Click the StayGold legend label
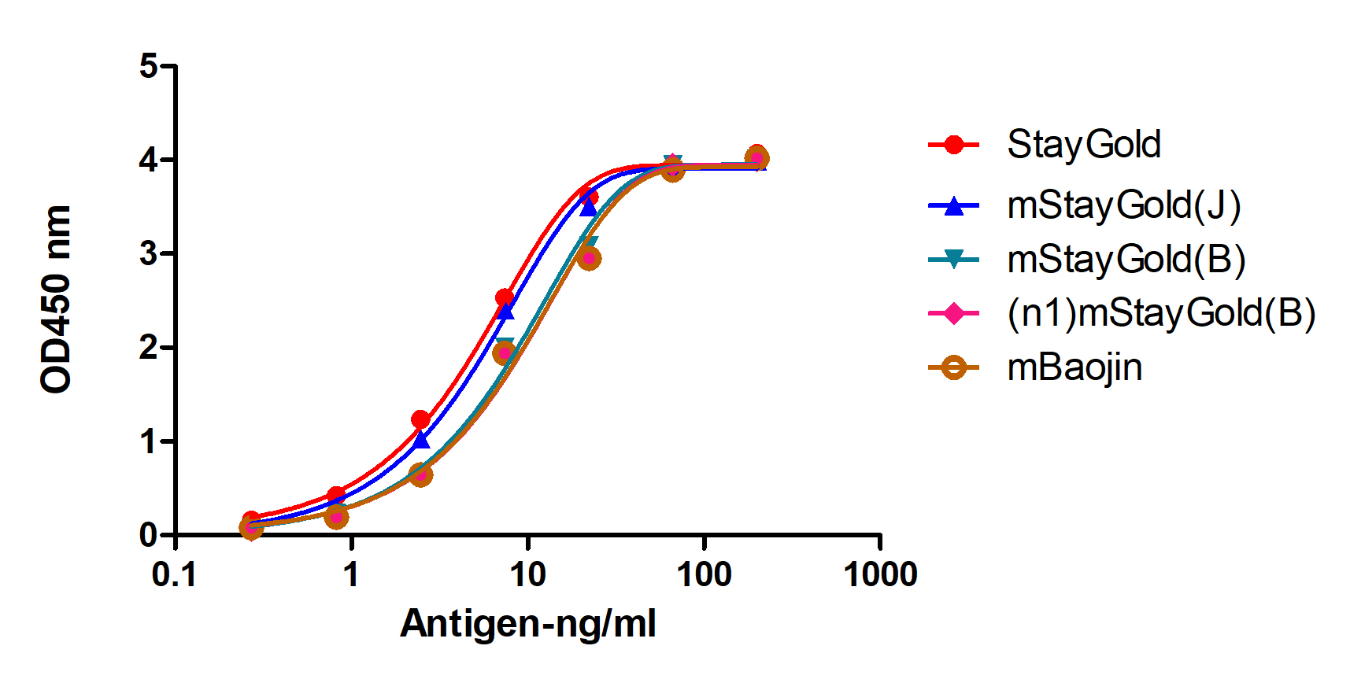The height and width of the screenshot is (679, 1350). click(x=1083, y=145)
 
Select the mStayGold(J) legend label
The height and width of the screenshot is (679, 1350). click(x=1123, y=206)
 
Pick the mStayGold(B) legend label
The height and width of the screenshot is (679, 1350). click(x=1126, y=260)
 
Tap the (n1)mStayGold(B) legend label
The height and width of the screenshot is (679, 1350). click(x=1161, y=313)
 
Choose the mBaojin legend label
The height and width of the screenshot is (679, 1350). click(x=1074, y=367)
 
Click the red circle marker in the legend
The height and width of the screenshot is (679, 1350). click(x=953, y=145)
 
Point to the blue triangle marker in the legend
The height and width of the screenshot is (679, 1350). click(x=953, y=206)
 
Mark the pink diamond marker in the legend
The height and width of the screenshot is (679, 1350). click(x=953, y=313)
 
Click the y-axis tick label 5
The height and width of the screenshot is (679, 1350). click(x=149, y=66)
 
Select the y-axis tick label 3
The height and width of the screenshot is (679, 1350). click(x=149, y=254)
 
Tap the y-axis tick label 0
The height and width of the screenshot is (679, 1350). click(x=149, y=535)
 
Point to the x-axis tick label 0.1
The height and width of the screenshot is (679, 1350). click(x=174, y=575)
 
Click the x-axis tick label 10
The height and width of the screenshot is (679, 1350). click(x=527, y=575)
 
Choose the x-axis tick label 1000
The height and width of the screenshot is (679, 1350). click(x=880, y=575)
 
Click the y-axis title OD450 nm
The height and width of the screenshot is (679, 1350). click(x=57, y=299)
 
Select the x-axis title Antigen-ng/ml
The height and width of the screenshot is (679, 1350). click(x=527, y=624)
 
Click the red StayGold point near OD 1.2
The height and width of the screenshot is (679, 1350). click(x=420, y=419)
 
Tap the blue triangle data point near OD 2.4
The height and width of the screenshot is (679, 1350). click(x=505, y=312)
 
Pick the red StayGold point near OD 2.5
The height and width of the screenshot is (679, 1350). click(x=505, y=297)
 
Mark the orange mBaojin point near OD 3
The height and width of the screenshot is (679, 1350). click(x=589, y=258)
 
